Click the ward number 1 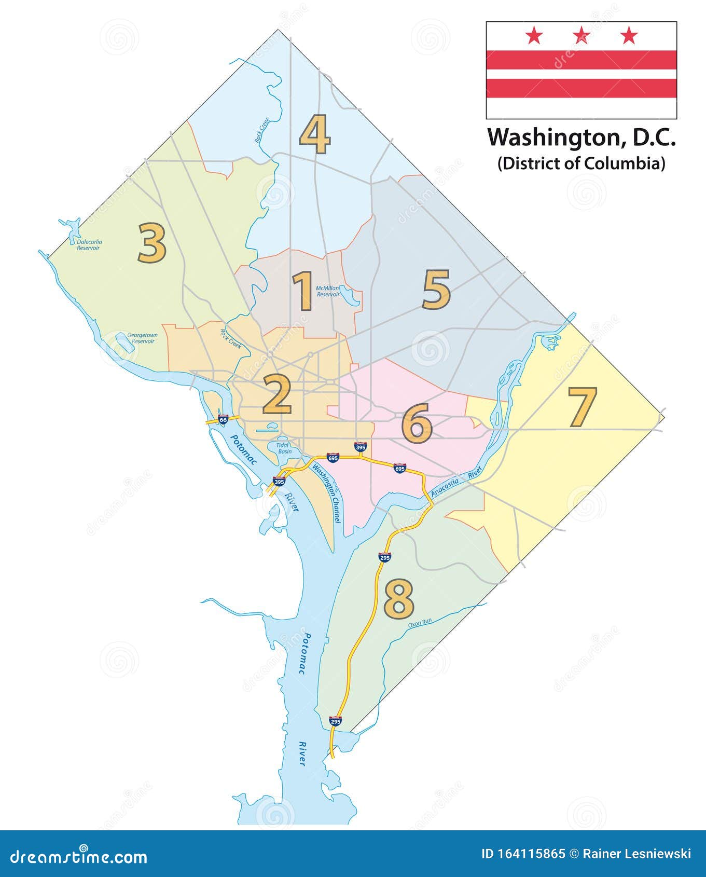click(303, 291)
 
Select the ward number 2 click(277, 394)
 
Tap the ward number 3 click(152, 243)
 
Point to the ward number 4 click(315, 135)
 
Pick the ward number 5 click(436, 290)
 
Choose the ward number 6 click(417, 423)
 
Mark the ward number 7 click(582, 407)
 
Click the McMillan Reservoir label click(328, 291)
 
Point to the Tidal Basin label click(283, 448)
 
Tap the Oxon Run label click(420, 622)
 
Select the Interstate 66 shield click(223, 419)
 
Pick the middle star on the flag click(581, 36)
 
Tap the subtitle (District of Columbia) click(581, 163)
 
